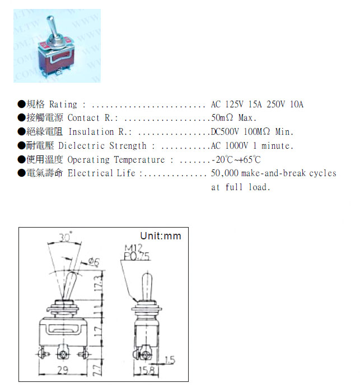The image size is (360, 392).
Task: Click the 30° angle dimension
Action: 67,238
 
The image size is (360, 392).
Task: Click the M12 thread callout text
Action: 128,248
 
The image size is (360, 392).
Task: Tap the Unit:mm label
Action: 161,236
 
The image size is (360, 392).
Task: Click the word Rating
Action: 63,105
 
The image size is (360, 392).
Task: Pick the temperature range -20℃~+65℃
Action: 236,160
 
